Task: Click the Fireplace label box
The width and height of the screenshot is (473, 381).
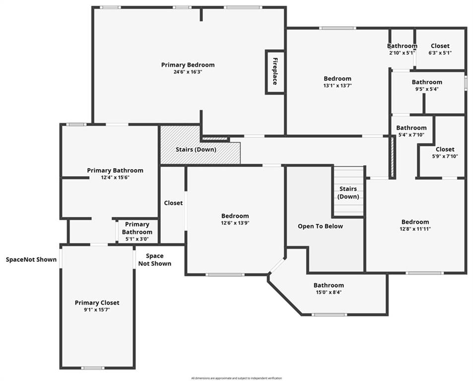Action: pos(275,72)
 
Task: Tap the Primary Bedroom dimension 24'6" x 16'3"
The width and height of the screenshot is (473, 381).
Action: pos(188,72)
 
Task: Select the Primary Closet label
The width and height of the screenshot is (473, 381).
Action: pos(97,303)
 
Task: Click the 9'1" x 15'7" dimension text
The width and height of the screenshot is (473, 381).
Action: pos(97,310)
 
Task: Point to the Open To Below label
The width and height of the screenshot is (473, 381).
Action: pos(320,226)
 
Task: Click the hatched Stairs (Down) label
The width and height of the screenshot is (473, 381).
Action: pos(196,149)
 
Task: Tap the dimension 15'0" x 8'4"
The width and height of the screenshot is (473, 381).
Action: pos(329,292)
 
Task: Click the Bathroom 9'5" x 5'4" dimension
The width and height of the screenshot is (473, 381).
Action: pos(427,89)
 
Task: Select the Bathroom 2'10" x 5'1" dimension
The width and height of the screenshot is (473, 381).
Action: pos(403,53)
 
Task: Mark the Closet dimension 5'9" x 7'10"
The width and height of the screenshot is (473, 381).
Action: pos(445,156)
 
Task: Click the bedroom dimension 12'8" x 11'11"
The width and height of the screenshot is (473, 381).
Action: pos(415,229)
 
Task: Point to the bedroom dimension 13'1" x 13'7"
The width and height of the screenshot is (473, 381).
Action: pos(338,86)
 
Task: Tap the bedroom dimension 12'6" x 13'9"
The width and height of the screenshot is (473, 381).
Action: pos(235,223)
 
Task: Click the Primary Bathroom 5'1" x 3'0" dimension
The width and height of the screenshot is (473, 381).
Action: pos(137,239)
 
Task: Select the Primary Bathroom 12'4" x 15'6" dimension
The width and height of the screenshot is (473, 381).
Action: pos(115,178)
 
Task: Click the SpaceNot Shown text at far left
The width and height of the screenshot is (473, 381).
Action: pos(31,259)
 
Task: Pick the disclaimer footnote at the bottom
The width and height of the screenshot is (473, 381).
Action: pos(236,378)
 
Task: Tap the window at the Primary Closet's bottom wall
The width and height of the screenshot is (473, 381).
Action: pos(93,368)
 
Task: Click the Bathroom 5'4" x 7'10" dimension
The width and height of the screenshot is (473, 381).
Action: pos(411,135)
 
